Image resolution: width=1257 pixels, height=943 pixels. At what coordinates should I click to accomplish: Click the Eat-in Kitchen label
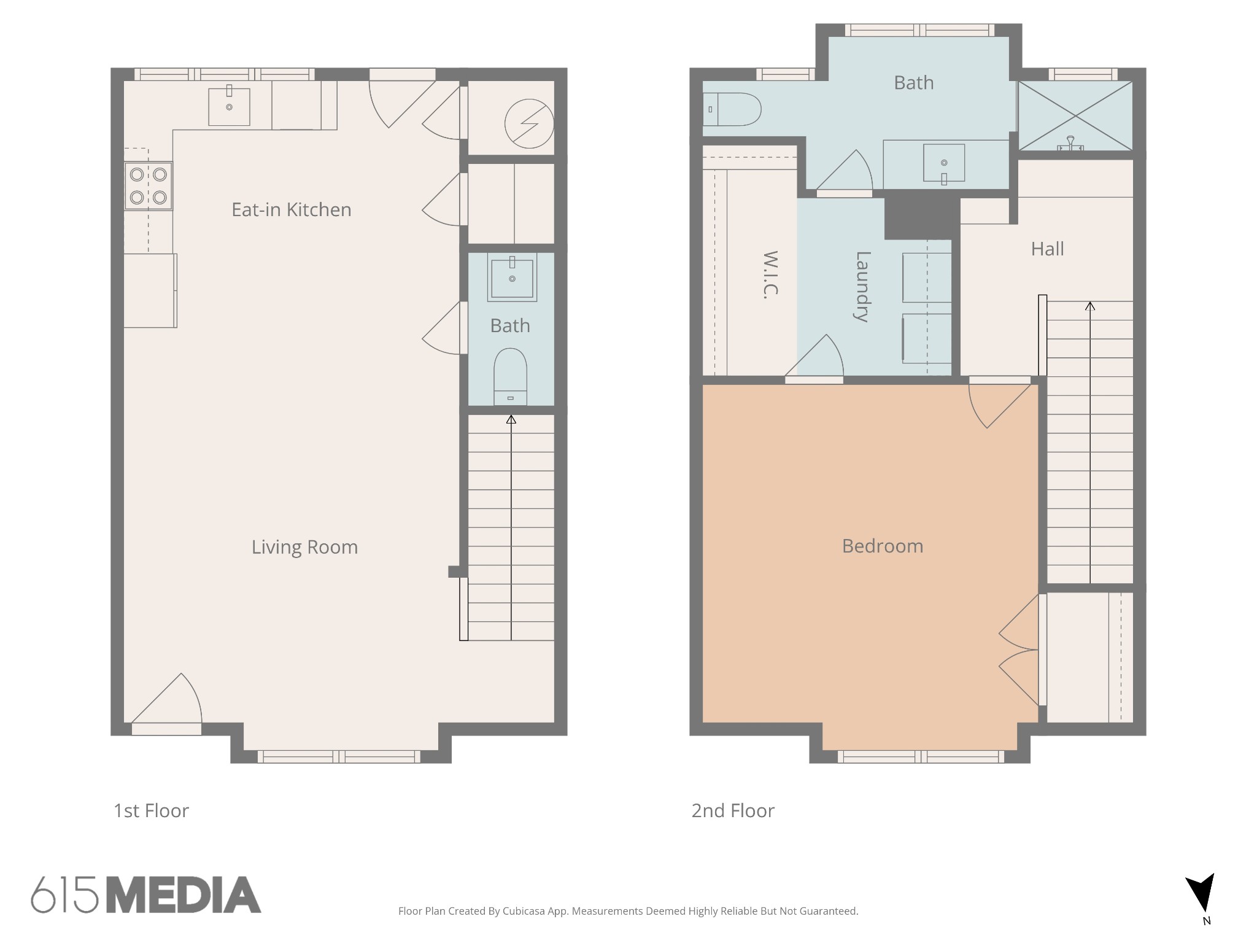coord(292,210)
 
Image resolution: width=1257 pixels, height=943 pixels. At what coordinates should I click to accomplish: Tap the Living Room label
coord(304,547)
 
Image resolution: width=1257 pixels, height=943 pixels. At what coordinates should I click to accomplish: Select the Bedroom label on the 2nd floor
coord(883,546)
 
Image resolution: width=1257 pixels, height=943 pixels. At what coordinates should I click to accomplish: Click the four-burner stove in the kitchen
coord(149,186)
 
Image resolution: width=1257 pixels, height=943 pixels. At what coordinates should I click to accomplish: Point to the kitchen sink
coord(229,107)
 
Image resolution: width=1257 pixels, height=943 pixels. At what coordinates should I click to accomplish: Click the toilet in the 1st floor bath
coord(511,377)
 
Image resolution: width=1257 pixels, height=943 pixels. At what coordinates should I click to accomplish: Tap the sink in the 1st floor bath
coord(512,277)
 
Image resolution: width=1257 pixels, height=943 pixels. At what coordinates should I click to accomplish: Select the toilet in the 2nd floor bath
coord(732,109)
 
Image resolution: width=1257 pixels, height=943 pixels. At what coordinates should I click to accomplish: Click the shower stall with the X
coord(1075,116)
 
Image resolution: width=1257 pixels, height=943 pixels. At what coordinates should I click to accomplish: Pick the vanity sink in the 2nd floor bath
coord(944,163)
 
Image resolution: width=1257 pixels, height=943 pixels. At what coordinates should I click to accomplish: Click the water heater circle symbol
coord(529,124)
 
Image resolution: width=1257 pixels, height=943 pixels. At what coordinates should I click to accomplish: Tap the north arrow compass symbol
coord(1201,893)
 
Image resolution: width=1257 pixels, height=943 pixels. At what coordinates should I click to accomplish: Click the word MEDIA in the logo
coord(184,894)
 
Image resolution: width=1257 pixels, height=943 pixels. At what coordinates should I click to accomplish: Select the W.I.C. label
coord(770,275)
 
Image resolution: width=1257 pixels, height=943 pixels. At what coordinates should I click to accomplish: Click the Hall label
coord(1047,249)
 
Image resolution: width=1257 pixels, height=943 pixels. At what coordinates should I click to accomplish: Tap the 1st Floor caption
coord(151,811)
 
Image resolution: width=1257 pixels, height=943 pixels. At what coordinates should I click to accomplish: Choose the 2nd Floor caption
coord(733,811)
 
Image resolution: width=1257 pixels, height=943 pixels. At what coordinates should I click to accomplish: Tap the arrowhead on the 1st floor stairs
coord(511,419)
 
